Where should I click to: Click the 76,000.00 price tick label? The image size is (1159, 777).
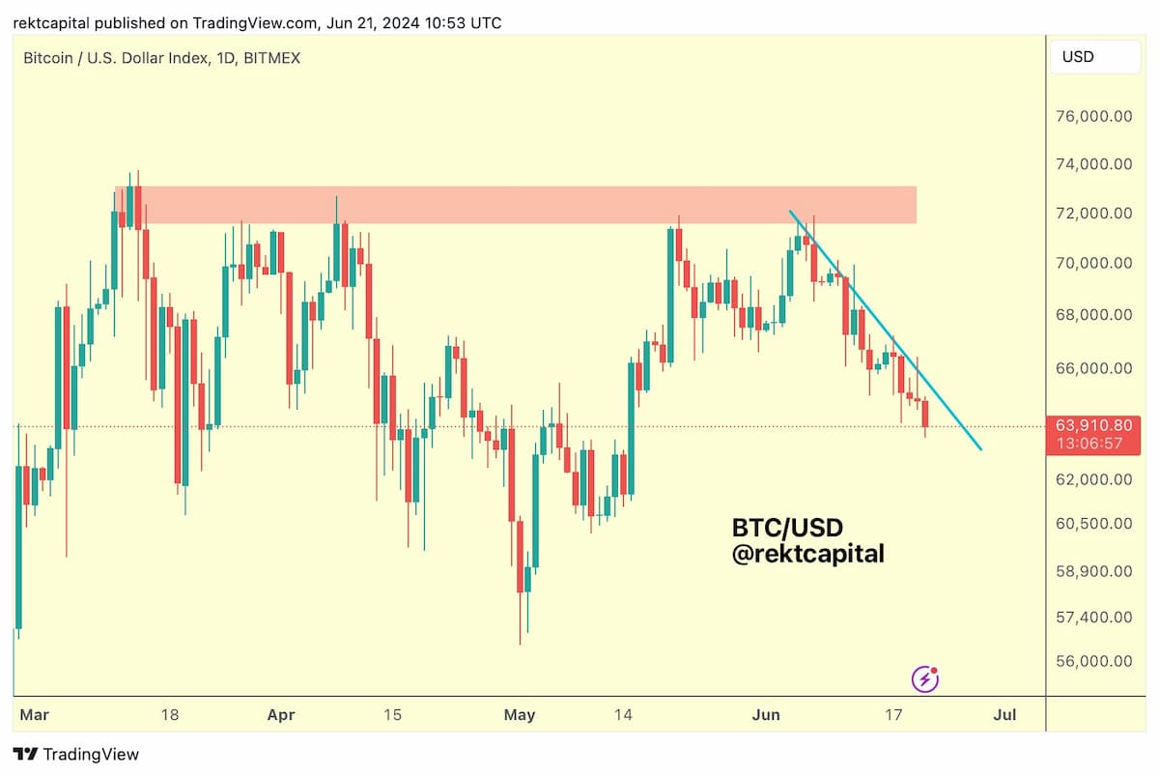1093,116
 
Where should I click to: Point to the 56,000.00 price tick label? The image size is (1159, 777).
1093,661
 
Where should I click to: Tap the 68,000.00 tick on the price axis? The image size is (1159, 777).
1093,315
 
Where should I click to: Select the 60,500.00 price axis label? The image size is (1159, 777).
1093,524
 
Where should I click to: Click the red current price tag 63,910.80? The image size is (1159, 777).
1092,435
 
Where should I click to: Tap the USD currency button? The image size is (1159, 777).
1095,57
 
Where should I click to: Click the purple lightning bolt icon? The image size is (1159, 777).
925,679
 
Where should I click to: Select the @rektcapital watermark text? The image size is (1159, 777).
808,554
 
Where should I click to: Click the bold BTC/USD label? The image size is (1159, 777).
787,528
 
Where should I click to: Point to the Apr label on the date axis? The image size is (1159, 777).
281,715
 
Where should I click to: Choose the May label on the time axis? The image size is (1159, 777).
519,715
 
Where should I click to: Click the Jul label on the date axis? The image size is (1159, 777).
1004,715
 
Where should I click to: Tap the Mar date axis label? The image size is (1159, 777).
34,715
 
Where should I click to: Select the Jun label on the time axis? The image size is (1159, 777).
765,715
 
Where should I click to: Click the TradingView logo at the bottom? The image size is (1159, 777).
76,754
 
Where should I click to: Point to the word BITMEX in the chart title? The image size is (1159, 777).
271,58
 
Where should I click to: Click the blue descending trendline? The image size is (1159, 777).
886,331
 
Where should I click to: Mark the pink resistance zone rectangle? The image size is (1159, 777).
516,205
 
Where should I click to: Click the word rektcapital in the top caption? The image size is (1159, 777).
51,24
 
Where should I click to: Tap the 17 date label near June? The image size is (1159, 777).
893,715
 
